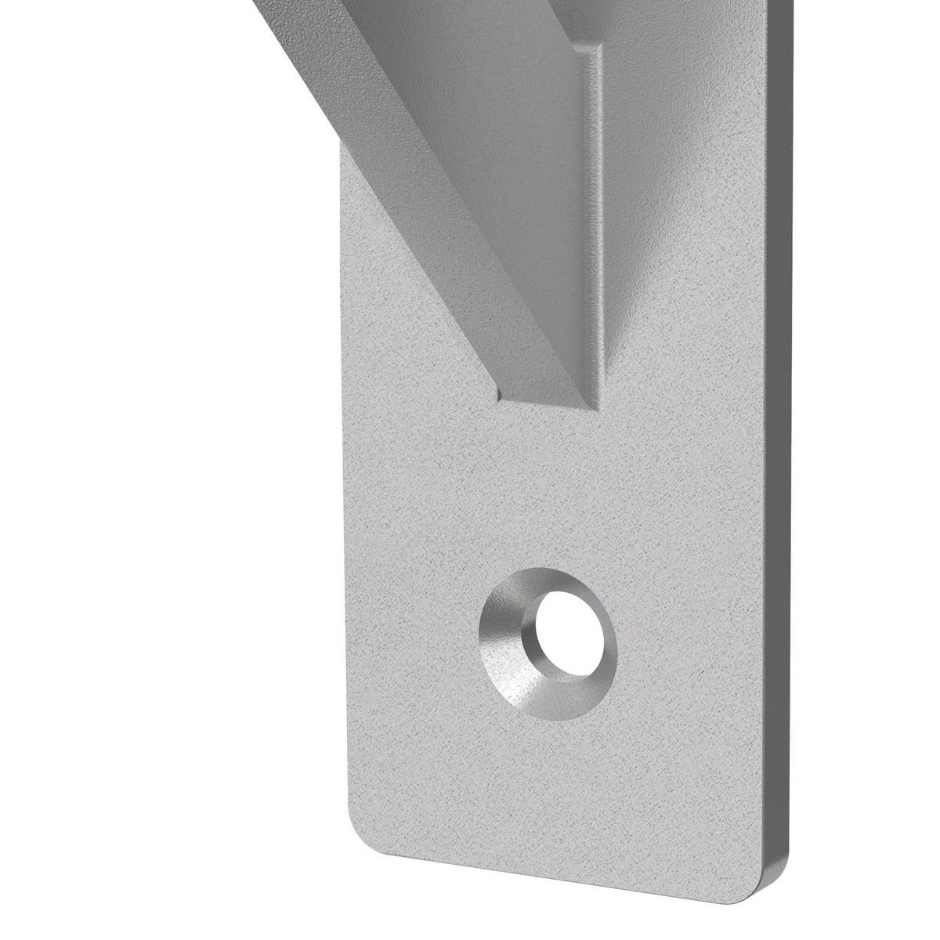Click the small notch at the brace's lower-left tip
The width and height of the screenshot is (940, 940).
tap(501, 392)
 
